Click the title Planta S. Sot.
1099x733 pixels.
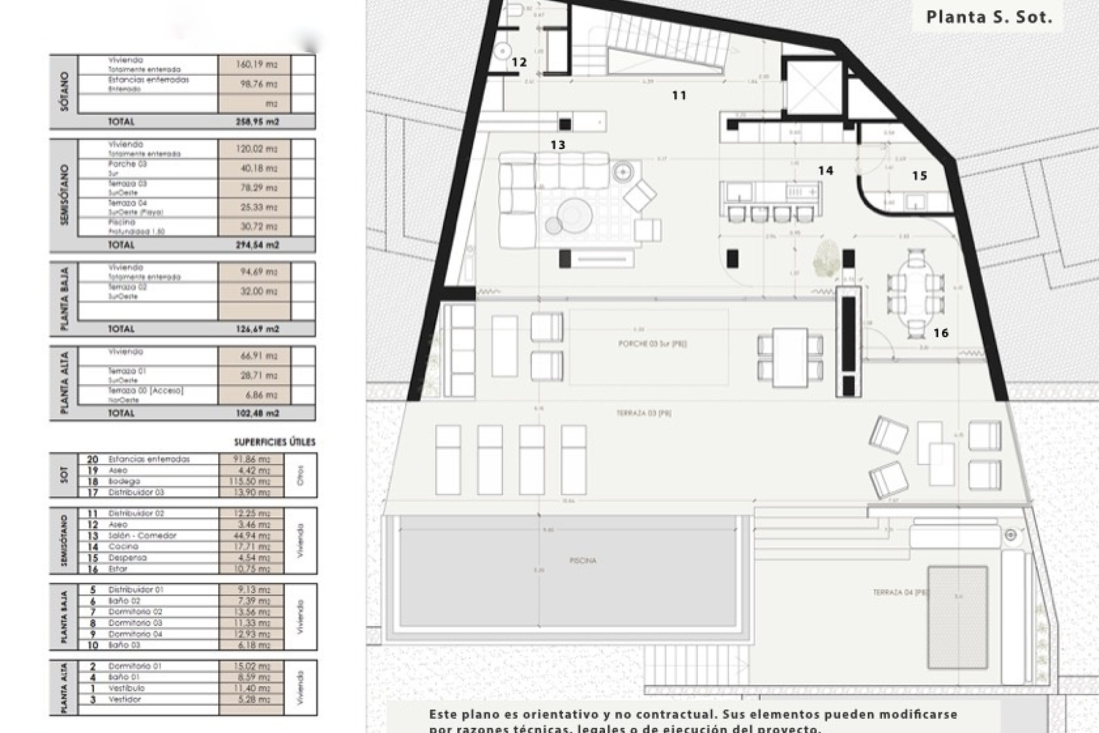pyautogui.click(x=989, y=17)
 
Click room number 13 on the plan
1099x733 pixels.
pyautogui.click(x=558, y=145)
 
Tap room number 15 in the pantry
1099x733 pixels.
pyautogui.click(x=919, y=176)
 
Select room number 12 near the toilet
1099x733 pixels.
pyautogui.click(x=519, y=62)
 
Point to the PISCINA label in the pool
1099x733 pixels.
pyautogui.click(x=583, y=561)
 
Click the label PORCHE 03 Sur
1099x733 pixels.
pyautogui.click(x=653, y=344)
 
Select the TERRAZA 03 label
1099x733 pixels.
pyautogui.click(x=644, y=413)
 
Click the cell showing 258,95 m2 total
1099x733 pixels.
pyautogui.click(x=256, y=122)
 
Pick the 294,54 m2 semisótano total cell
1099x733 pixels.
pyautogui.click(x=256, y=245)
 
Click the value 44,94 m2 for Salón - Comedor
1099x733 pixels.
pyautogui.click(x=252, y=535)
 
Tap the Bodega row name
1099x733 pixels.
pyautogui.click(x=124, y=482)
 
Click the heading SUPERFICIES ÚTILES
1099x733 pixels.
pyautogui.click(x=275, y=442)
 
